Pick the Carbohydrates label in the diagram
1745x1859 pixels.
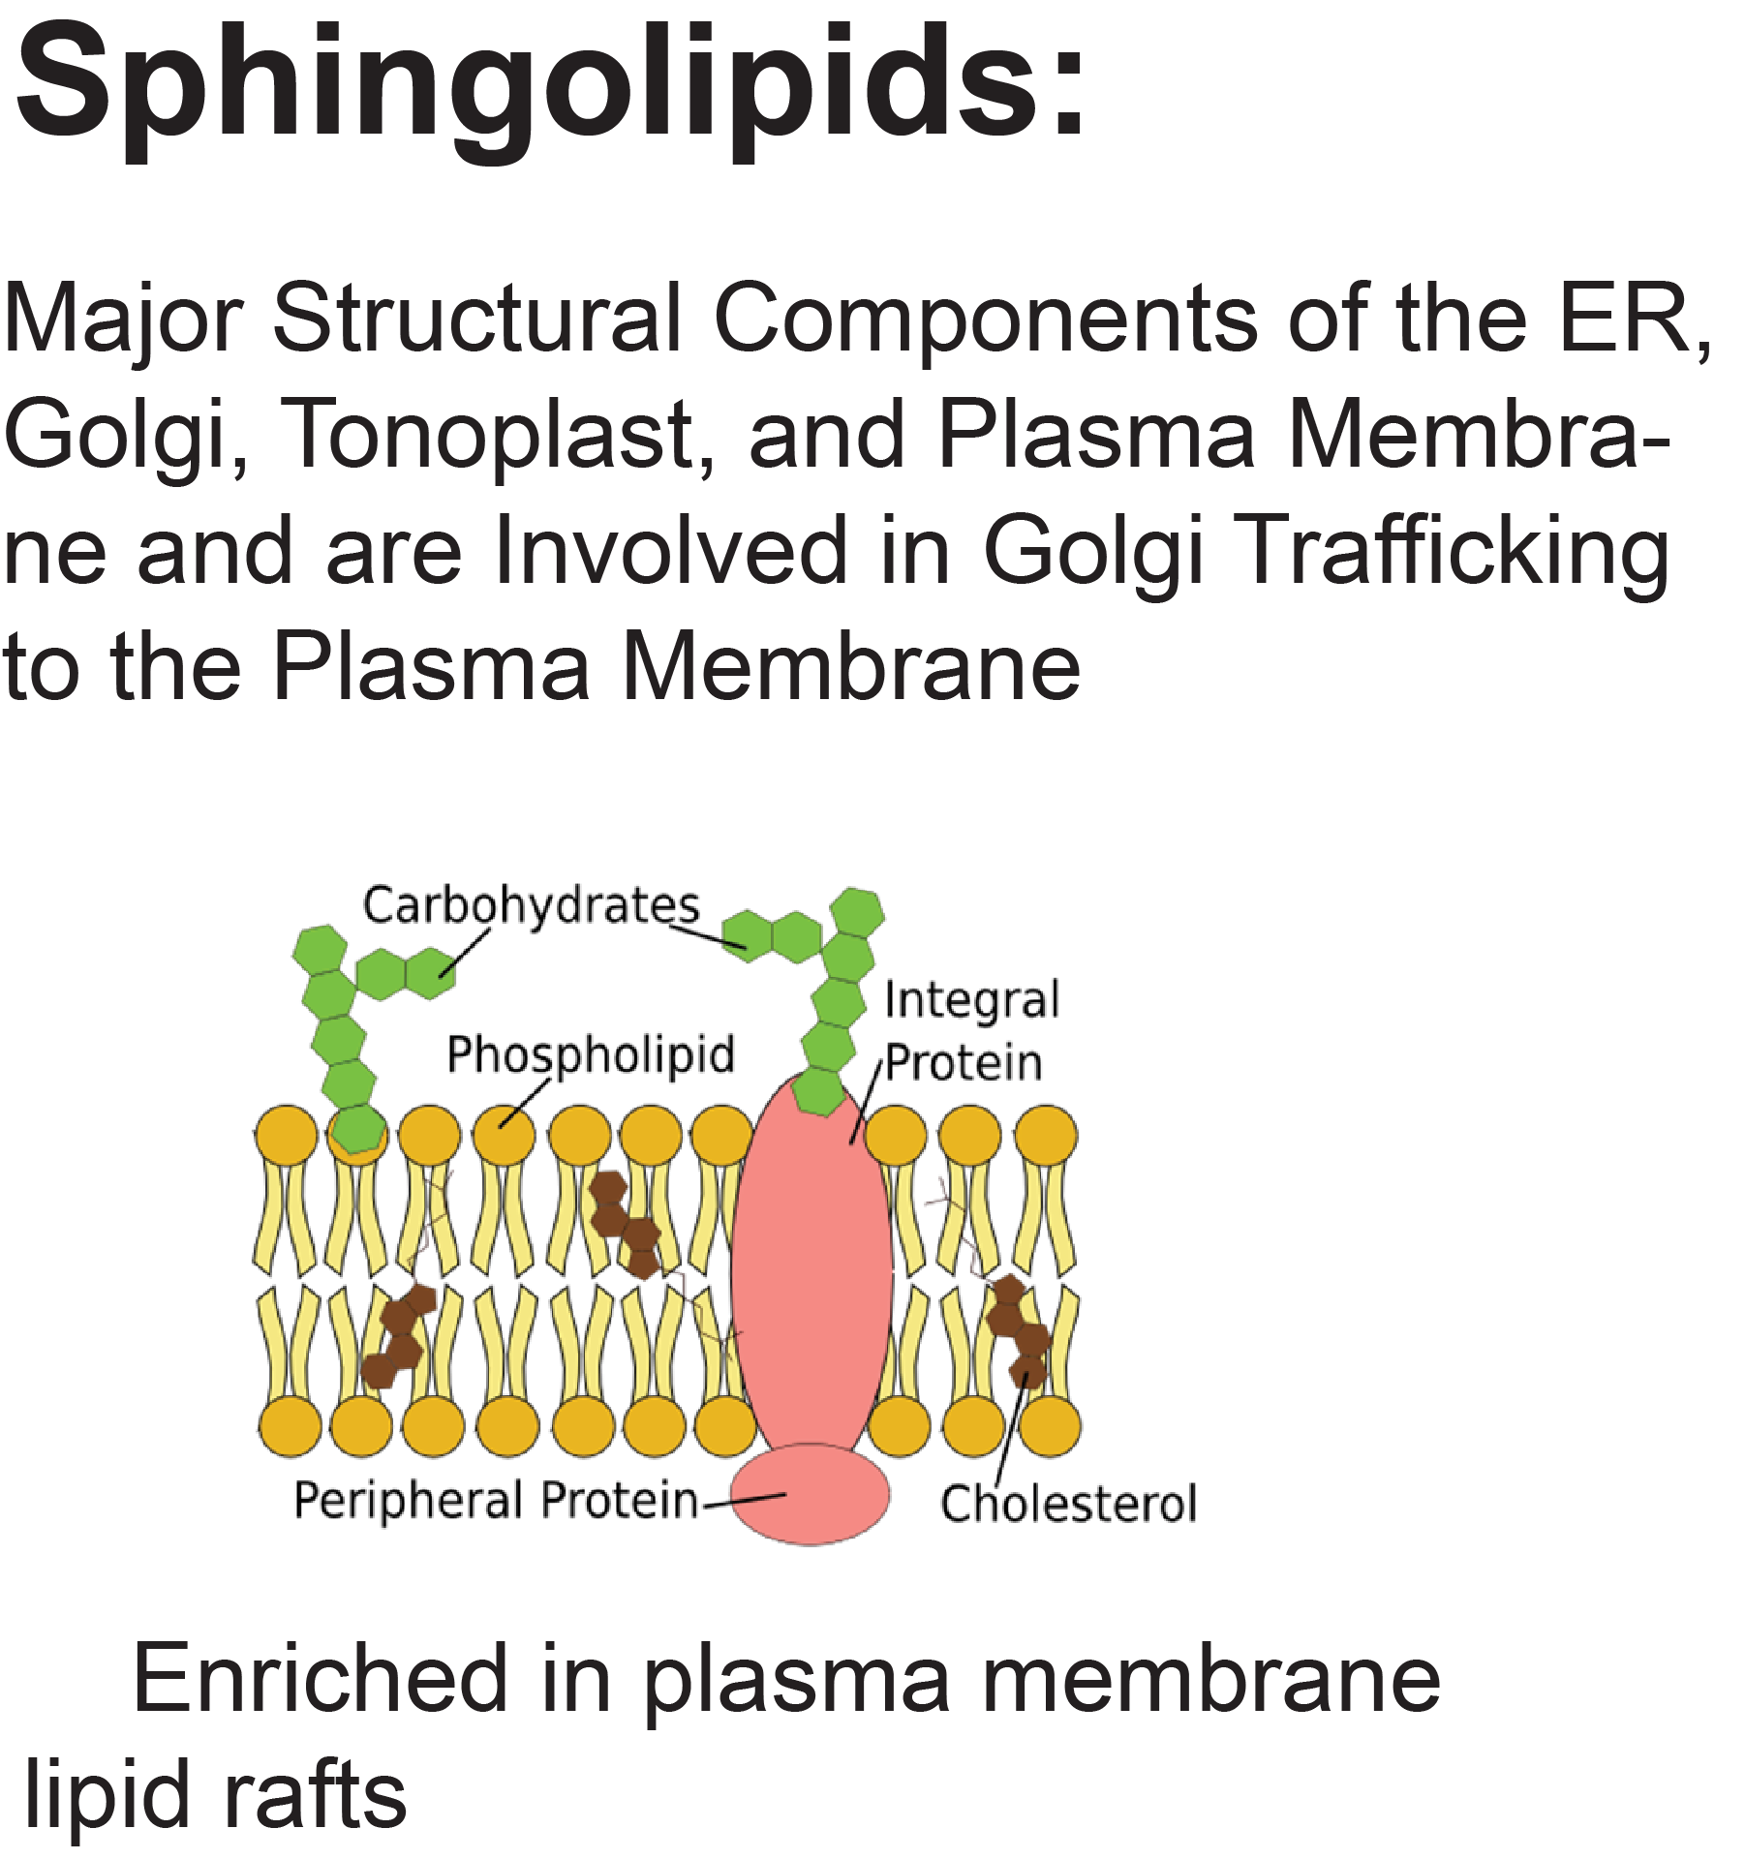531,906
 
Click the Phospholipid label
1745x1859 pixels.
591,1055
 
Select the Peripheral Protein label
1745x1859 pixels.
495,1501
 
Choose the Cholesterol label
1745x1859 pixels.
1068,1505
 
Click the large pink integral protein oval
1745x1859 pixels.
811,1268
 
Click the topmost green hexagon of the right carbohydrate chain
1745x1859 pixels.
857,911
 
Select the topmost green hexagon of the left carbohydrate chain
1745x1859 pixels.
320,948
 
